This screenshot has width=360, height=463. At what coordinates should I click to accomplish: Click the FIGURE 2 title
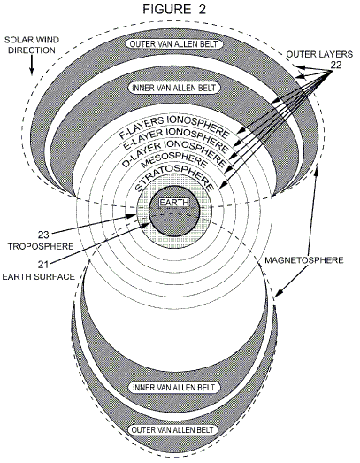174,10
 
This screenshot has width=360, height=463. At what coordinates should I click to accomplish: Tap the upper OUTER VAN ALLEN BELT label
173,44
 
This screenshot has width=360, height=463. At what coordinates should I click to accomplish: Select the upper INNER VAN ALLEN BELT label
173,88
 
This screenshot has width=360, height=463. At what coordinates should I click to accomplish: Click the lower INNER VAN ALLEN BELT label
173,387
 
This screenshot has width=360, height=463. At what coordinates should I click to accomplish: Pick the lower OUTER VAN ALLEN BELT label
173,429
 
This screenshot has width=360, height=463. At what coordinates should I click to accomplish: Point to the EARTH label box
174,203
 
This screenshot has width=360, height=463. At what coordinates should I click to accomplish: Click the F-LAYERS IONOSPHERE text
174,126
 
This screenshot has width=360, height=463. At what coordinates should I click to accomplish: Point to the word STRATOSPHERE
174,178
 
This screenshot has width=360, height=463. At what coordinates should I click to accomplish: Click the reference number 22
336,66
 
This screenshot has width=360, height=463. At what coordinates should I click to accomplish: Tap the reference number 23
43,235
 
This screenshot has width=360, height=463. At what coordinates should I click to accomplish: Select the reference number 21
43,265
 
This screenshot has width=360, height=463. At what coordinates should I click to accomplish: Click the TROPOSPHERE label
41,246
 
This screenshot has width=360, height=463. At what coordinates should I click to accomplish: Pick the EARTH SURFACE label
38,277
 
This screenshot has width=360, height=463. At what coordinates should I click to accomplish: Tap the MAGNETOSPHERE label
304,260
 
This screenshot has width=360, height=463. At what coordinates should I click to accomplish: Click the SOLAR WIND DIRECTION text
32,45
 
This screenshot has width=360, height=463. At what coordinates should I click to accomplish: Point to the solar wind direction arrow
32,65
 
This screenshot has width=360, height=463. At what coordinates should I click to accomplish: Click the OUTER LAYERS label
319,54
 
